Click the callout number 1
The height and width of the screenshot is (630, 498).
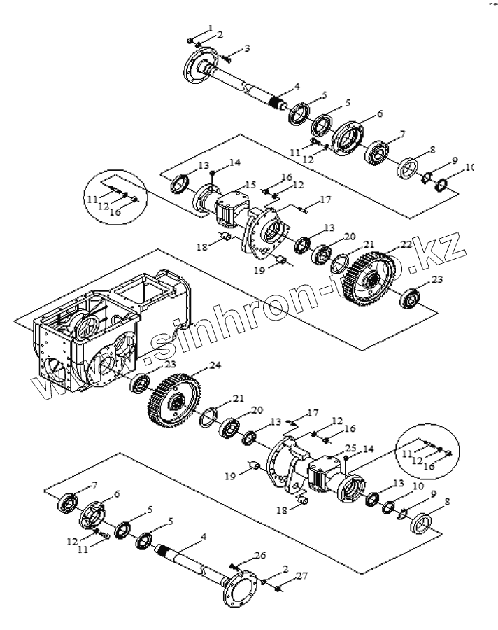click(x=211, y=28)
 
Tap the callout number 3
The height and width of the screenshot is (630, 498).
click(x=247, y=48)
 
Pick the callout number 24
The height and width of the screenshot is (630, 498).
click(x=214, y=365)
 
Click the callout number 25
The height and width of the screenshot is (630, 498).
click(x=350, y=448)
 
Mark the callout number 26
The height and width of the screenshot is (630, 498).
click(x=260, y=556)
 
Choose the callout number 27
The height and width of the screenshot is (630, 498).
click(x=302, y=576)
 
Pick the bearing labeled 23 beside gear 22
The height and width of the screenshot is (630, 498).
click(x=410, y=297)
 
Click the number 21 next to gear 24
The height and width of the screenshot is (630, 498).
click(x=239, y=398)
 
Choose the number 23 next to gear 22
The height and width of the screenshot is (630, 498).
click(x=437, y=279)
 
